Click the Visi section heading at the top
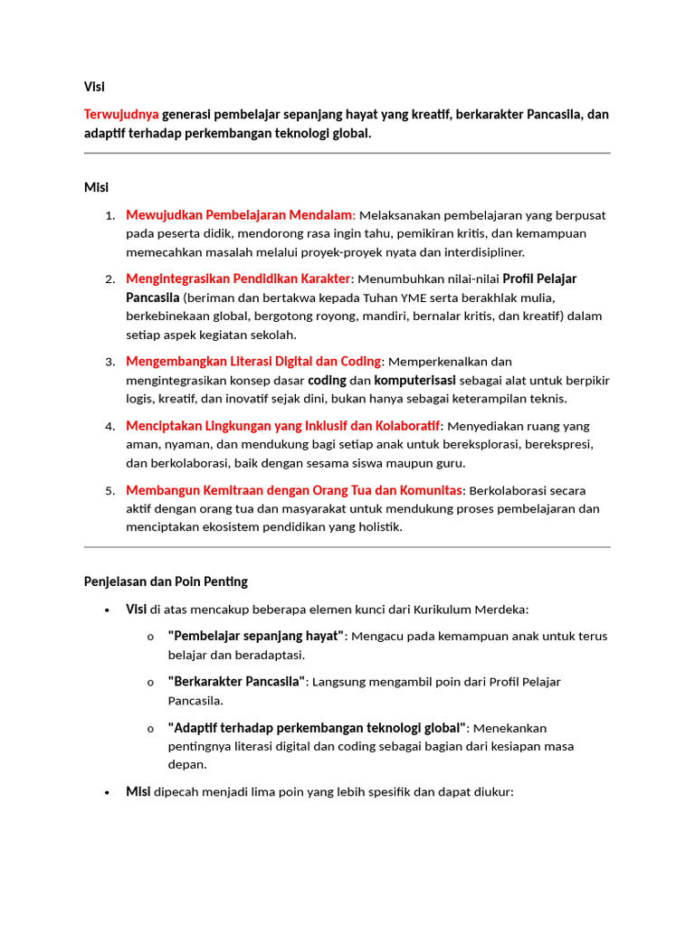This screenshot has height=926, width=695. tap(94, 87)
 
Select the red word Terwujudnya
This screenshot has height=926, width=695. tap(121, 114)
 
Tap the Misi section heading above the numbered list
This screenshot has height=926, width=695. tap(96, 187)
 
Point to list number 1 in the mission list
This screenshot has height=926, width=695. tap(109, 215)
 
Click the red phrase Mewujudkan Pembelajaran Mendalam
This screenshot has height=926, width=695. tap(239, 215)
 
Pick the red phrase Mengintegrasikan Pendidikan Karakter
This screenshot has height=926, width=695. tap(238, 279)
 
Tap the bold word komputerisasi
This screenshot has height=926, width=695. tap(415, 380)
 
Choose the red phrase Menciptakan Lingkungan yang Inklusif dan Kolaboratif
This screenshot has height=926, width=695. tap(283, 426)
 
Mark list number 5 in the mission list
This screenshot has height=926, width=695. tap(109, 491)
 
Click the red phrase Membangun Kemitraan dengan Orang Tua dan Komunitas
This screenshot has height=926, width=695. tap(294, 490)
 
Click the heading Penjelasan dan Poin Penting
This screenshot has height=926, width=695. tap(166, 581)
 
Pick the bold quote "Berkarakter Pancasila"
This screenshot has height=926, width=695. tap(236, 682)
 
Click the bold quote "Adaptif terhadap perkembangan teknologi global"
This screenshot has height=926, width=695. tap(318, 728)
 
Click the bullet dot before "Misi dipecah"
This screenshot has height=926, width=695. tap(108, 792)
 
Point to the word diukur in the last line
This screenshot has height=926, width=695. tap(492, 792)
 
